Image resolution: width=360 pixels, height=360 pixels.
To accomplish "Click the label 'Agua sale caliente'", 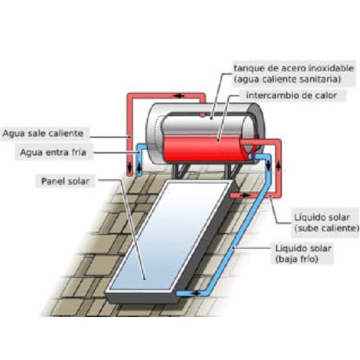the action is [x=43, y=133].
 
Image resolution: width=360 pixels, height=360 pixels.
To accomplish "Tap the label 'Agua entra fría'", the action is [x=53, y=152].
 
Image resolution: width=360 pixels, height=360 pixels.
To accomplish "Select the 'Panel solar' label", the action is [x=65, y=181].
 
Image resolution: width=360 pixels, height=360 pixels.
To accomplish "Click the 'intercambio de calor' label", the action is [x=291, y=95].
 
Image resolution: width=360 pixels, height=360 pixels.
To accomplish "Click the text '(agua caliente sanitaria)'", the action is [x=287, y=79].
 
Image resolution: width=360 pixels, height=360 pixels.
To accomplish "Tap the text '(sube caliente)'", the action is [x=327, y=228].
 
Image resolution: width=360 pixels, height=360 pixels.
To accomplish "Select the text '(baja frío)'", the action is [x=297, y=259].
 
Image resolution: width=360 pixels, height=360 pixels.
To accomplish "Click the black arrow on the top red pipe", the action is [x=179, y=96].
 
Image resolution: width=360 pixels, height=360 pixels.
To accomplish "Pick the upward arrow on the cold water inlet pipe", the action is [x=139, y=168].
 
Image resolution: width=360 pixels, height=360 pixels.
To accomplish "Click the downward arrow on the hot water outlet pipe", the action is [x=130, y=168].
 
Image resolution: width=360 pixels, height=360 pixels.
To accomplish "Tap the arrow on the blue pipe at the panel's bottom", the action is [x=195, y=293].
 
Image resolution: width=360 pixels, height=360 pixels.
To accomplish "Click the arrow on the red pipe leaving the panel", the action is [x=245, y=196].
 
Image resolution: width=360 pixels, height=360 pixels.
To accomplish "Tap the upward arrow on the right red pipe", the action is [x=278, y=166].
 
